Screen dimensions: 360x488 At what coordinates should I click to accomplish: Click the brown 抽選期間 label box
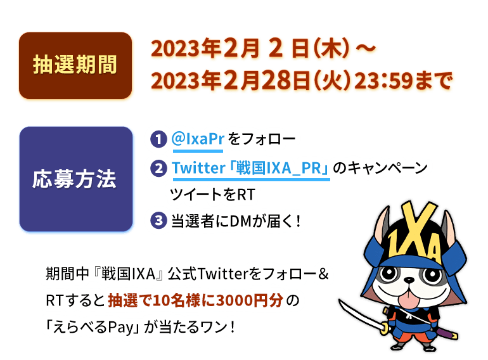75,66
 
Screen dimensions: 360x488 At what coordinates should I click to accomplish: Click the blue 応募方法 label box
75,179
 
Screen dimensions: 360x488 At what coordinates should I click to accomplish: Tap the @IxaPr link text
197,139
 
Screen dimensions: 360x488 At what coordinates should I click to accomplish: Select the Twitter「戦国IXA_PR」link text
250,169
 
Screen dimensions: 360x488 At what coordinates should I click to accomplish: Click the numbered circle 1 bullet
158,139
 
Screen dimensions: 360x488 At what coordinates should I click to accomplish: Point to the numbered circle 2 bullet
158,169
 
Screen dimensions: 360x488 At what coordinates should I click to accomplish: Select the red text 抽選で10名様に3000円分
197,300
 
